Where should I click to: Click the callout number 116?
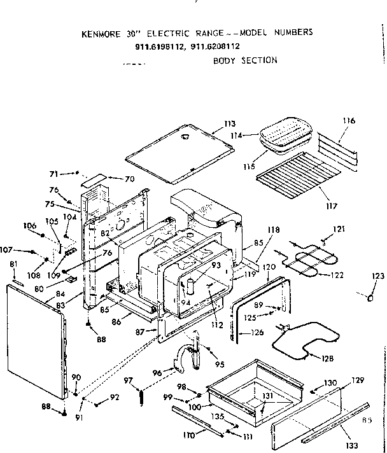349,121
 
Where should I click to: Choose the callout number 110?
188,435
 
